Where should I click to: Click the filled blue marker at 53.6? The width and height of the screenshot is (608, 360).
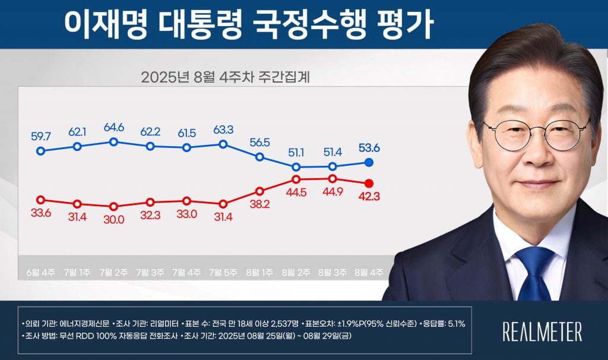coord(369,162)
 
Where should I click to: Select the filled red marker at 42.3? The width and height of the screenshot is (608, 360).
coord(369,183)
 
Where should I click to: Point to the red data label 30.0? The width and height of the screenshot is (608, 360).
coord(113,219)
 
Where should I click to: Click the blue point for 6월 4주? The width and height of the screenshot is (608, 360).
coord(40,151)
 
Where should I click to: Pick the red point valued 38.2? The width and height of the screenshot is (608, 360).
coord(259,191)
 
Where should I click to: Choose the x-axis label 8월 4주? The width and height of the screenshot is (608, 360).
coord(369,272)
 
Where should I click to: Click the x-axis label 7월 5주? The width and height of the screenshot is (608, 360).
coord(223,272)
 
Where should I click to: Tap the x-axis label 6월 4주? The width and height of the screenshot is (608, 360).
coord(40,272)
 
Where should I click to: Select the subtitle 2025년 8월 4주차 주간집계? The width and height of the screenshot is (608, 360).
coord(226,78)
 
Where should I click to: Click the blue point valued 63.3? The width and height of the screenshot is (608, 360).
coord(223,144)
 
